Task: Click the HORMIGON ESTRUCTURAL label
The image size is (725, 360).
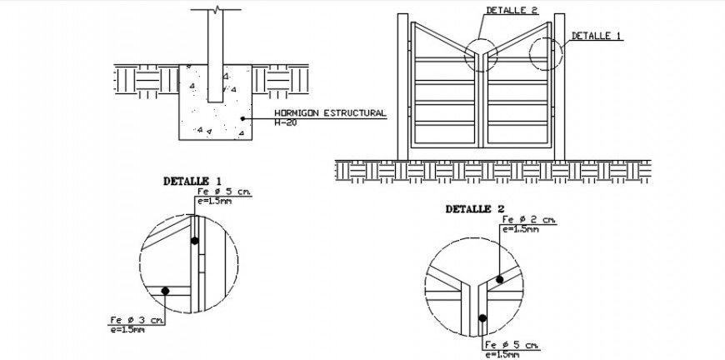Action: click(330, 112)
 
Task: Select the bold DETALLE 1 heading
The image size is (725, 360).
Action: click(192, 180)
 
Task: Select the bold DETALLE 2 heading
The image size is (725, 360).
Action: click(475, 209)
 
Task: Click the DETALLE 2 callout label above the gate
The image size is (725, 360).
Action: click(512, 10)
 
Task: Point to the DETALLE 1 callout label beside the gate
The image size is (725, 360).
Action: click(597, 37)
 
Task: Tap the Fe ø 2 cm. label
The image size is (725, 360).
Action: click(529, 219)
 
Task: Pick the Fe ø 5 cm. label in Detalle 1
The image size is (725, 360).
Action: click(224, 192)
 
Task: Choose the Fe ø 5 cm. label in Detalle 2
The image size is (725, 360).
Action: click(509, 345)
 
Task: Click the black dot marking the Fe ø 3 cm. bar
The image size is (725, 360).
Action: click(166, 292)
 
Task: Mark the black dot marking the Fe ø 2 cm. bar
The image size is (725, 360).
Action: click(499, 280)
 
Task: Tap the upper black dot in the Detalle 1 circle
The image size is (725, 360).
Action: click(194, 241)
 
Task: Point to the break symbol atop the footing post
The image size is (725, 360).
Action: click(216, 11)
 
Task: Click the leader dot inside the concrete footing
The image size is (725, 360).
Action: click(242, 118)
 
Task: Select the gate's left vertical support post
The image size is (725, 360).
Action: click(403, 87)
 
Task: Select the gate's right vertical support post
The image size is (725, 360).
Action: click(560, 87)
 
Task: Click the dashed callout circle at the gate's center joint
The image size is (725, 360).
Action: click(482, 53)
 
